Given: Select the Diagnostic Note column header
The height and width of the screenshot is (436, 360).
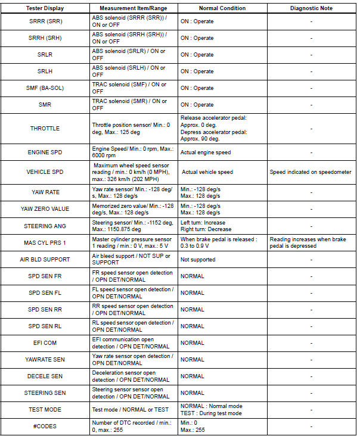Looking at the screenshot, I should tap(312, 8).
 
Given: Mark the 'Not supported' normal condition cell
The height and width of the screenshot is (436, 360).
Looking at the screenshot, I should tap(198, 260).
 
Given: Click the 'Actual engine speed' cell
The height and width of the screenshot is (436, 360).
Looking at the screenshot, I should tap(206, 152).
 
